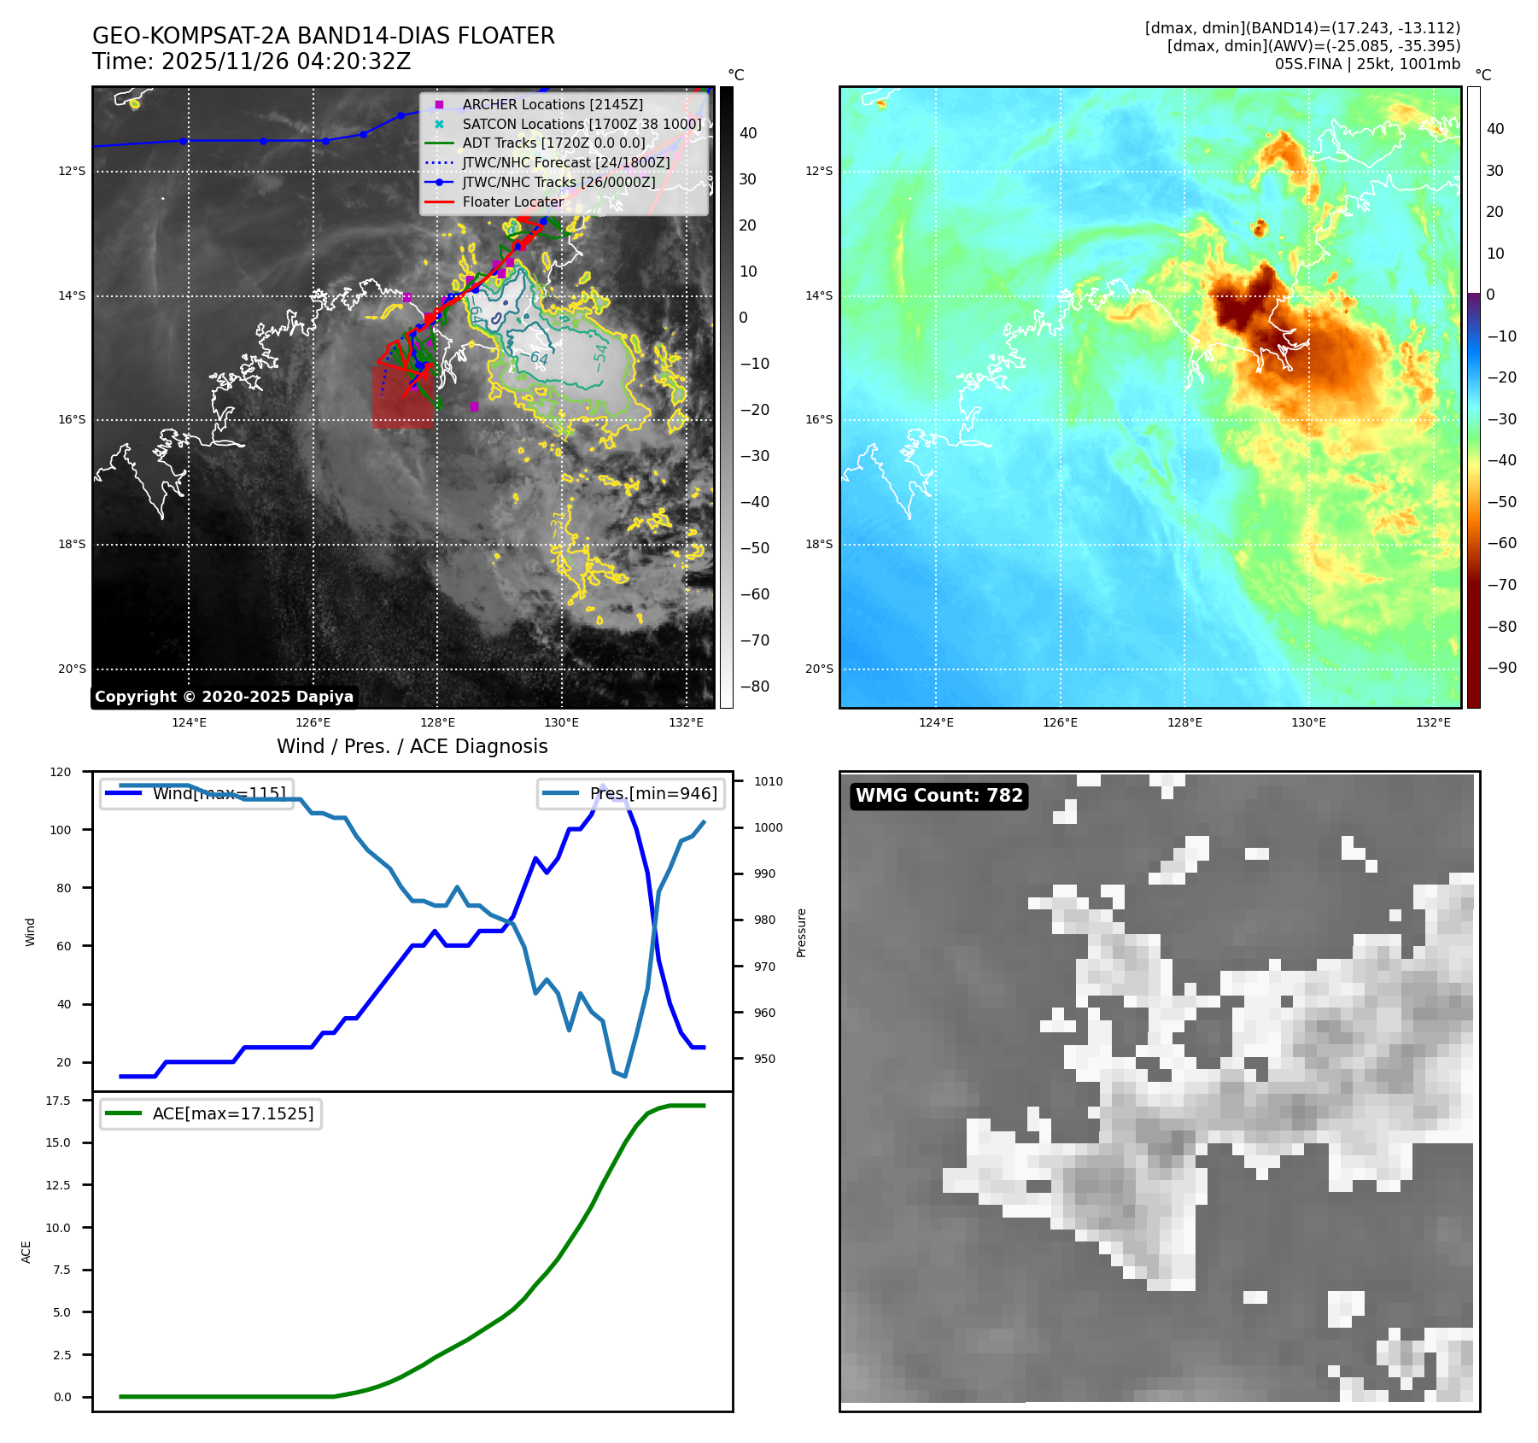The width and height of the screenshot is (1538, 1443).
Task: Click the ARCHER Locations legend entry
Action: click(x=553, y=104)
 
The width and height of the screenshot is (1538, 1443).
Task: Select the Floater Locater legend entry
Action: click(x=512, y=202)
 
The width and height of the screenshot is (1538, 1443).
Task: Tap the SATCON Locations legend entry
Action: click(x=582, y=124)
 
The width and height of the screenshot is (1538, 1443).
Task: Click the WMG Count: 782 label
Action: click(x=939, y=796)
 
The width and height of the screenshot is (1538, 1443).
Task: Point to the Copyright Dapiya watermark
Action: click(x=224, y=697)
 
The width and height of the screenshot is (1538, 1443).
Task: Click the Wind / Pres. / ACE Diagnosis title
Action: click(x=412, y=746)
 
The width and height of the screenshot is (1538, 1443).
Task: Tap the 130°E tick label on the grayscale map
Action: click(x=561, y=722)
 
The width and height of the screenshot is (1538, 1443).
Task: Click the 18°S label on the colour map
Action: click(x=818, y=544)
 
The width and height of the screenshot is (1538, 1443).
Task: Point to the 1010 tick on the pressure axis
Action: click(x=768, y=781)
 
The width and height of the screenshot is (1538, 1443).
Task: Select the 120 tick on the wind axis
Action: click(x=61, y=772)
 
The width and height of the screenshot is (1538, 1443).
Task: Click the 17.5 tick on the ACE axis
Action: click(x=58, y=1101)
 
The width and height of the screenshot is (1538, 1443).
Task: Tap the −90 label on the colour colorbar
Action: click(x=1501, y=668)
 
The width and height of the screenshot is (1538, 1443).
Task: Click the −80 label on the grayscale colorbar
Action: click(x=754, y=686)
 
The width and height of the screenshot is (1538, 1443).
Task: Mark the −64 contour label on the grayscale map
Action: click(x=538, y=358)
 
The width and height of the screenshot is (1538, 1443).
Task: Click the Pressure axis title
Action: click(x=801, y=932)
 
